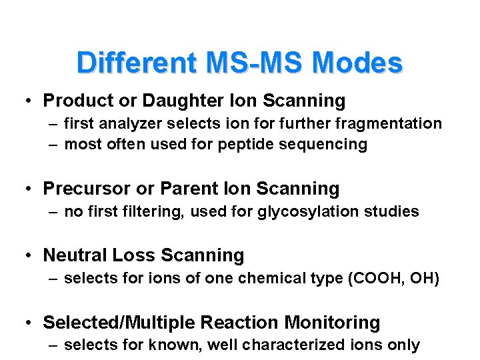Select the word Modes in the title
coord(357,63)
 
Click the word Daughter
coord(173,101)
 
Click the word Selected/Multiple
coord(119,323)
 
